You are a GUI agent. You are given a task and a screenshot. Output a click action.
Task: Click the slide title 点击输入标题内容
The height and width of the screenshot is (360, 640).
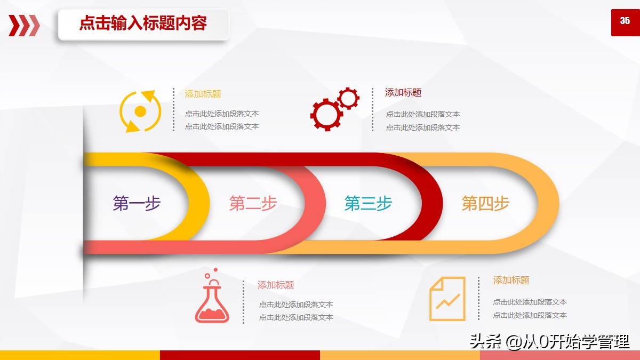(x=143, y=24)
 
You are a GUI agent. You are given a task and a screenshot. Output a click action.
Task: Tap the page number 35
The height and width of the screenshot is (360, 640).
(x=625, y=21)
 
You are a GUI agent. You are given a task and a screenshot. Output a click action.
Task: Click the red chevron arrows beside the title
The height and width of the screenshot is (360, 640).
(x=24, y=25)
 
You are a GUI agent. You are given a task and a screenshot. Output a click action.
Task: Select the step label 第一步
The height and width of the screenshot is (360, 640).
(x=137, y=203)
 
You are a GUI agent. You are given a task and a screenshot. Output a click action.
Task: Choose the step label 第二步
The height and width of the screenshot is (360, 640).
(x=253, y=203)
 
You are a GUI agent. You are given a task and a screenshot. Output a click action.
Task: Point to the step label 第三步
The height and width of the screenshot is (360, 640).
(x=368, y=203)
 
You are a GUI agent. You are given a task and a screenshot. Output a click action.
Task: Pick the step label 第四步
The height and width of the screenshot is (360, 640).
(x=485, y=203)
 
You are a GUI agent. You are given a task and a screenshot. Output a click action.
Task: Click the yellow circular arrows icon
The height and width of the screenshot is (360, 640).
(x=140, y=111)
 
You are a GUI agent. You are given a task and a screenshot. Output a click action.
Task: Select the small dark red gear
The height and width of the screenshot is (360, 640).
(x=348, y=99)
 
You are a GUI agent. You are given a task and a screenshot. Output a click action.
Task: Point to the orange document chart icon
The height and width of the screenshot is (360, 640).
(x=447, y=299)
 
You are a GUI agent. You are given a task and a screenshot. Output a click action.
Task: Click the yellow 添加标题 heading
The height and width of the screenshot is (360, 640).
(x=203, y=94)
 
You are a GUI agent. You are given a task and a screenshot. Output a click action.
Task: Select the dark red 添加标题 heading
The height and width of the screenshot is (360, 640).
(x=403, y=93)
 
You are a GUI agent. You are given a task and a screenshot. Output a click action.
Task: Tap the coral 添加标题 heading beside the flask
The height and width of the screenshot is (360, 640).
(x=276, y=285)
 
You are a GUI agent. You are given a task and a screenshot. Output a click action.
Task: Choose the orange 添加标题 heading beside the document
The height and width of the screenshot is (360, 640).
(x=511, y=281)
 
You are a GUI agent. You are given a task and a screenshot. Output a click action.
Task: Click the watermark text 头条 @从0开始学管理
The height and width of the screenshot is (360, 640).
(x=549, y=341)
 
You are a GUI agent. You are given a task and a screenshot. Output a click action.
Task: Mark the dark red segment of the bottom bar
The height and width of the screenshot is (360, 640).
(x=240, y=355)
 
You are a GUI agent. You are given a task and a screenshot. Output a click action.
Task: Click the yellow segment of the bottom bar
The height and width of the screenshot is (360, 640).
(x=80, y=355)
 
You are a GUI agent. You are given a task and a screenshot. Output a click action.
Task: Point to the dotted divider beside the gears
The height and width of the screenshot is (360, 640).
(x=372, y=110)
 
